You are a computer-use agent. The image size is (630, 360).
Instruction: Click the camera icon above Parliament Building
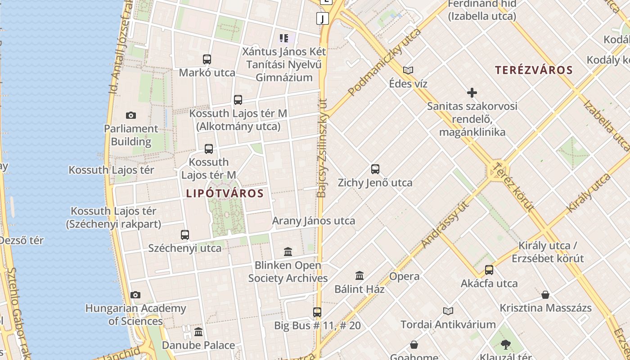131,116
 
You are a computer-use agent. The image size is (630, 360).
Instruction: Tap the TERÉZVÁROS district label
534,70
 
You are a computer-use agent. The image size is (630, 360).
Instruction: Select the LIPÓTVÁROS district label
225,193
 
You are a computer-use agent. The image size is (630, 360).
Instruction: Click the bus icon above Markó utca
207,59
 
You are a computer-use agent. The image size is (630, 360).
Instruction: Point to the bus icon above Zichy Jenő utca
375,169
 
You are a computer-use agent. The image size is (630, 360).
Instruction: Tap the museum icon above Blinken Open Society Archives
288,252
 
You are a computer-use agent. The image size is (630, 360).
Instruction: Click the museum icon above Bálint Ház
360,275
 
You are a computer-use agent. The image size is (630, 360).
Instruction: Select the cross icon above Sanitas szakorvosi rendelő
472,93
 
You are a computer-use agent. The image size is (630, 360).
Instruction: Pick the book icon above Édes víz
408,70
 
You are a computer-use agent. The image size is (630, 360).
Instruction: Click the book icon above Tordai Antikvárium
448,311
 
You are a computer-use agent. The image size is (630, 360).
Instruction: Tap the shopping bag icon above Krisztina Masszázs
545,295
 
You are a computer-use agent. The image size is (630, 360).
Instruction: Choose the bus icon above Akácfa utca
489,270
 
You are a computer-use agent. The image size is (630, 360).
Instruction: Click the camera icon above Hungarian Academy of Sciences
135,295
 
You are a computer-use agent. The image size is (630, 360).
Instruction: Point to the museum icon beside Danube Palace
198,332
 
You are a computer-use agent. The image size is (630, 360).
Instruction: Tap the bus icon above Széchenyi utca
185,234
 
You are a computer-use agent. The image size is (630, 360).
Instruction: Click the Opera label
404,276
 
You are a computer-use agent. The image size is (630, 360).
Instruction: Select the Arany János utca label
314,221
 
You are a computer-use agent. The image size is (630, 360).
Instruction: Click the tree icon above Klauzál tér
506,345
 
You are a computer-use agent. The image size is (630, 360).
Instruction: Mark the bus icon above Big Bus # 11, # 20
317,312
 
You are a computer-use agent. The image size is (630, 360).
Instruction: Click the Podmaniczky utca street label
385,62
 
